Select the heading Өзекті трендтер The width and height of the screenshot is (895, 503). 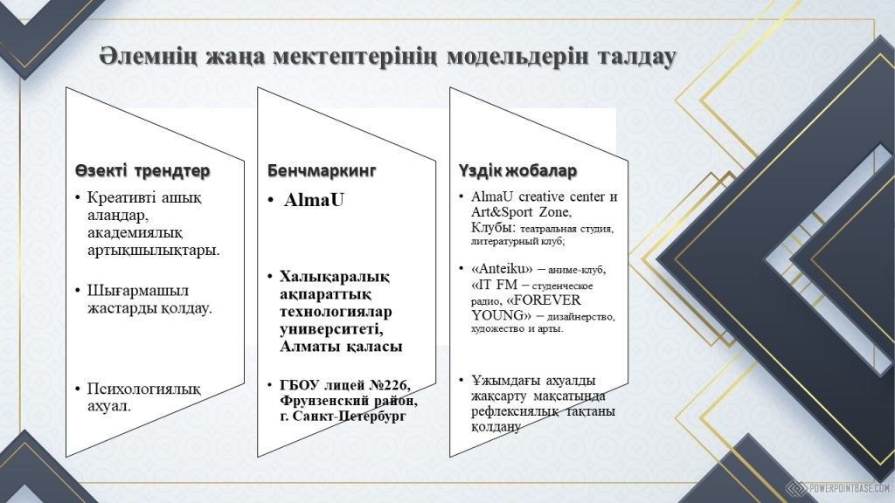pos(142,170)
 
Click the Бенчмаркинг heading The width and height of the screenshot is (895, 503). pos(322,170)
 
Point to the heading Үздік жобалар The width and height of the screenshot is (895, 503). pos(517,170)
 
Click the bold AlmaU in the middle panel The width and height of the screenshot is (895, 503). pos(314,200)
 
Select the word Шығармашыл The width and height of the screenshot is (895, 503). pos(137,291)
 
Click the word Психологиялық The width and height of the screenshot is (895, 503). pos(144,389)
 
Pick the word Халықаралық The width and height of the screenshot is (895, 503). pos(335,277)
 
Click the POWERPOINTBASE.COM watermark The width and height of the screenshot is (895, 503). pos(849,488)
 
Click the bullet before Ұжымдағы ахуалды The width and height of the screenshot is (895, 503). pos(461,380)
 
